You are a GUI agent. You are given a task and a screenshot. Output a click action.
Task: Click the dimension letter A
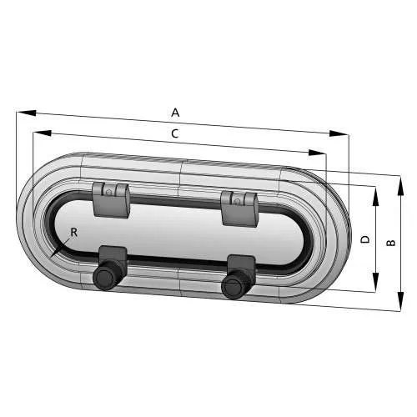point(175,112)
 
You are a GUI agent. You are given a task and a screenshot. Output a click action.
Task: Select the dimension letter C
point(174,133)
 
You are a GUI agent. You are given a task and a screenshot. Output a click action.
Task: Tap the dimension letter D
point(364,239)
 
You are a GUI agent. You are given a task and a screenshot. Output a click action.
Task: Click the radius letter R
point(73,233)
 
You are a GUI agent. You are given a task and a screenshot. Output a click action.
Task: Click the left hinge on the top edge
point(110,198)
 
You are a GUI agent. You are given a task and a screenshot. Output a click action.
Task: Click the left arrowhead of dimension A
point(20,112)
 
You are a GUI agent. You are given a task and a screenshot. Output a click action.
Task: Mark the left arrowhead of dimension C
point(36,132)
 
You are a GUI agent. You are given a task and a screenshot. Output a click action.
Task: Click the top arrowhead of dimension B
point(401,178)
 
